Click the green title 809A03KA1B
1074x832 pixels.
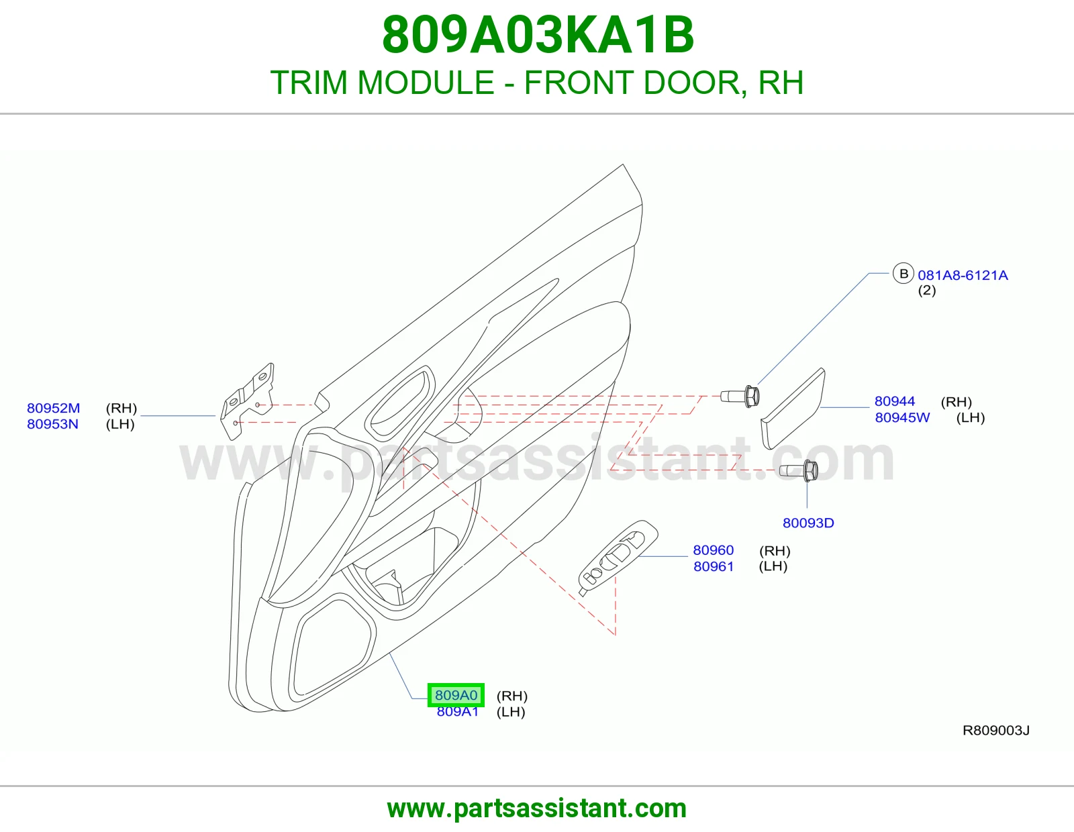click(x=538, y=36)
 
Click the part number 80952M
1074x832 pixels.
click(x=54, y=408)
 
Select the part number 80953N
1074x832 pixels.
click(x=53, y=424)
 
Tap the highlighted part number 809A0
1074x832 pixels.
click(x=456, y=695)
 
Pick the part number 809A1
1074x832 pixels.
click(x=458, y=711)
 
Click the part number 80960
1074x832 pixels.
click(x=713, y=550)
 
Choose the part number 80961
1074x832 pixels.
click(x=713, y=566)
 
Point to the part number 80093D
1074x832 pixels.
click(x=808, y=523)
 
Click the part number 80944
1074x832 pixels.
click(x=895, y=401)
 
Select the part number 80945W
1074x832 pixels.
click(x=902, y=417)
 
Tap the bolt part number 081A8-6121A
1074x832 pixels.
click(x=963, y=275)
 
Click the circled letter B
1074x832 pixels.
click(x=904, y=273)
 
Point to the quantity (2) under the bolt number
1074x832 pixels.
click(x=927, y=290)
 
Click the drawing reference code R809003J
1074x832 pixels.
click(x=996, y=730)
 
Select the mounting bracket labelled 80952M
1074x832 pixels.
click(x=247, y=401)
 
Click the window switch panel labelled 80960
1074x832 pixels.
click(x=618, y=558)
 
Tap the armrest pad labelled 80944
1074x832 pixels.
click(x=793, y=409)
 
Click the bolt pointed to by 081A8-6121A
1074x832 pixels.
click(x=740, y=397)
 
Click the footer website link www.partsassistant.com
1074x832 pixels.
click(x=537, y=809)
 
